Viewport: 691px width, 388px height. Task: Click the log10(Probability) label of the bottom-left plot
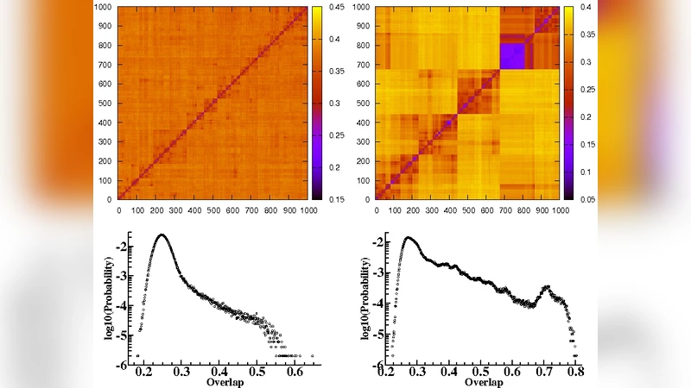(110, 295)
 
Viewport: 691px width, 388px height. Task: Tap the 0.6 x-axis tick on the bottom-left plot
(294, 372)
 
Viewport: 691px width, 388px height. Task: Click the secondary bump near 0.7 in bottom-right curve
(546, 287)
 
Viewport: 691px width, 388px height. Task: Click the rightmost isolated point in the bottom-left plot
(312, 355)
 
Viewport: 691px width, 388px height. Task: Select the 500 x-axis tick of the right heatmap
(469, 209)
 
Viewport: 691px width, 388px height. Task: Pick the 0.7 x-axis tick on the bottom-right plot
(546, 372)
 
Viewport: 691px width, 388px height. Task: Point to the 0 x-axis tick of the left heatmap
(118, 209)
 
